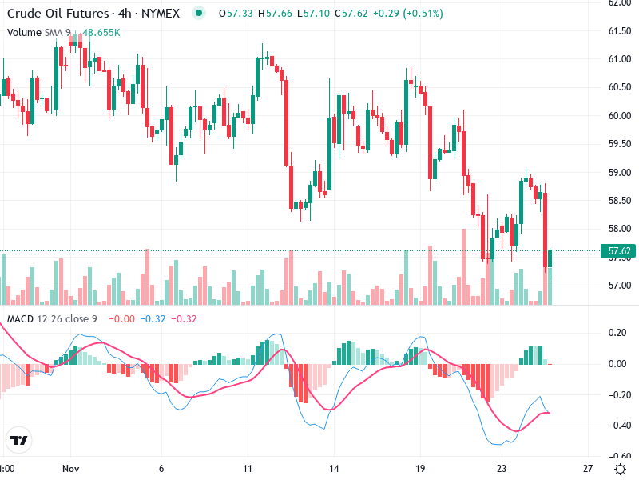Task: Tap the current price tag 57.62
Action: (621, 251)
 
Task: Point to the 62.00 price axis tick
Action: (621, 3)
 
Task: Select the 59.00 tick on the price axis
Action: (621, 172)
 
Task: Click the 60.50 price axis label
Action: (621, 87)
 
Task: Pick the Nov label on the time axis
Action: (72, 468)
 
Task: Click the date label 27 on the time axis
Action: (588, 468)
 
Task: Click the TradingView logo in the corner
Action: (18, 441)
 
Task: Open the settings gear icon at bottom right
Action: (620, 468)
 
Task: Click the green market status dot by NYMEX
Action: (198, 14)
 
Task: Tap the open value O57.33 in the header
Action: (236, 14)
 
